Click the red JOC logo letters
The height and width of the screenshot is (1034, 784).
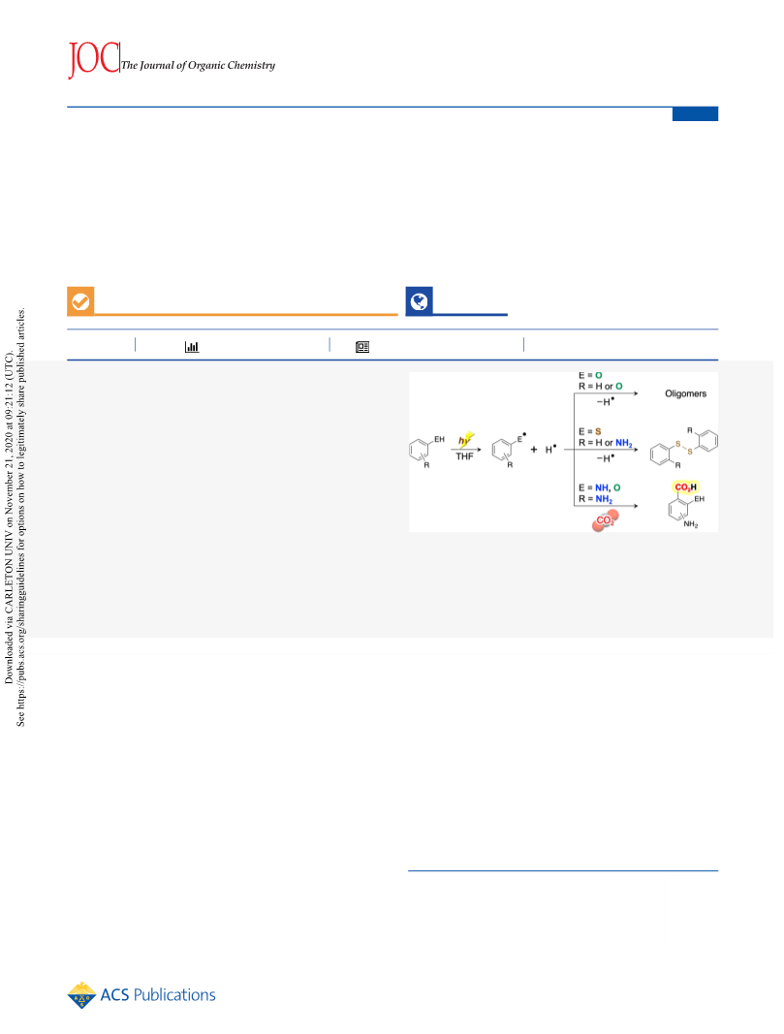coord(94,59)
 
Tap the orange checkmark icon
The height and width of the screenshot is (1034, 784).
coord(80,301)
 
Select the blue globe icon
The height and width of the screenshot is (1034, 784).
coord(419,301)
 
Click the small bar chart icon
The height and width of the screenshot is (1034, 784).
coord(192,347)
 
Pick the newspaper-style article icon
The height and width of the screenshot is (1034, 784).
coord(362,347)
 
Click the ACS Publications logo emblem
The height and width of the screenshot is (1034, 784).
coord(81,995)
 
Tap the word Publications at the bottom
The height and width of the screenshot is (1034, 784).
coord(174,995)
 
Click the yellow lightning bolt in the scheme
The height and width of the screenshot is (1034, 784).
coord(466,440)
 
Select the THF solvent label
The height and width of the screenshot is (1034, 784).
coord(465,456)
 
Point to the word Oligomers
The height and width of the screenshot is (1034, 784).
coord(685,393)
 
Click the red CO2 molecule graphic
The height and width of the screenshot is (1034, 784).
coord(606,520)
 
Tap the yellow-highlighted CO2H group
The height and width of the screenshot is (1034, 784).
coord(686,487)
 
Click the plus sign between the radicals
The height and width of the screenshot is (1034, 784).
coord(534,450)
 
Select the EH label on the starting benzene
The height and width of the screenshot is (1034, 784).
coord(439,439)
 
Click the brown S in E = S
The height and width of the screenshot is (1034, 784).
coord(598,432)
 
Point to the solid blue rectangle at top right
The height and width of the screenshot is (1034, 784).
coord(695,114)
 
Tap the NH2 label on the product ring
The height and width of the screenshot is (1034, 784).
coord(690,525)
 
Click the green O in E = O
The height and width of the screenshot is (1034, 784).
coord(599,375)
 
